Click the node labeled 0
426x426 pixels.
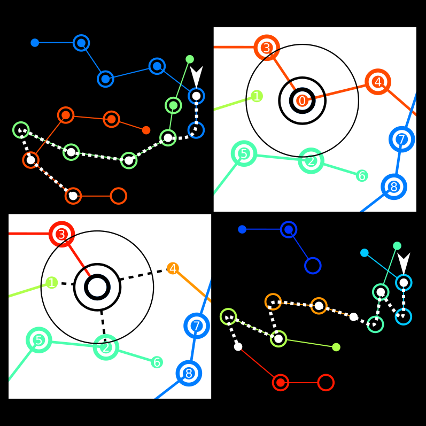coord(302,100)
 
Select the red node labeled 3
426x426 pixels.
coord(61,234)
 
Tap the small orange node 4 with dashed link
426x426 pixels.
coord(173,268)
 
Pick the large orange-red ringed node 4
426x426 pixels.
coord(378,82)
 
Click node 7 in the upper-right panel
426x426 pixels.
coord(402,140)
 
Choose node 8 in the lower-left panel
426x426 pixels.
coord(189,373)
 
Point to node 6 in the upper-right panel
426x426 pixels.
coord(362,176)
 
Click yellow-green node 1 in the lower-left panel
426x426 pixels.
coord(51,283)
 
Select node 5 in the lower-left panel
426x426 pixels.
coord(38,340)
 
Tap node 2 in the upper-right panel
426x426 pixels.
coord(311,160)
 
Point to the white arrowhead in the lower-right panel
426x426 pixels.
coord(404,262)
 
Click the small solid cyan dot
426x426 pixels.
coord(365,253)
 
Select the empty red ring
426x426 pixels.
coord(326,383)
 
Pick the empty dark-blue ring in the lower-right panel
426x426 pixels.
coord(313,266)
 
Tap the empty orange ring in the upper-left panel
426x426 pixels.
coord(118,196)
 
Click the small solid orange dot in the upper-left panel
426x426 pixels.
coord(146,130)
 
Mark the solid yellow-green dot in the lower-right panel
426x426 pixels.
coord(336,347)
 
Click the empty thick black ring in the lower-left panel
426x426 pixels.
coord(97,287)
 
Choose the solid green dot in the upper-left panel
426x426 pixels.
coord(190,59)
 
